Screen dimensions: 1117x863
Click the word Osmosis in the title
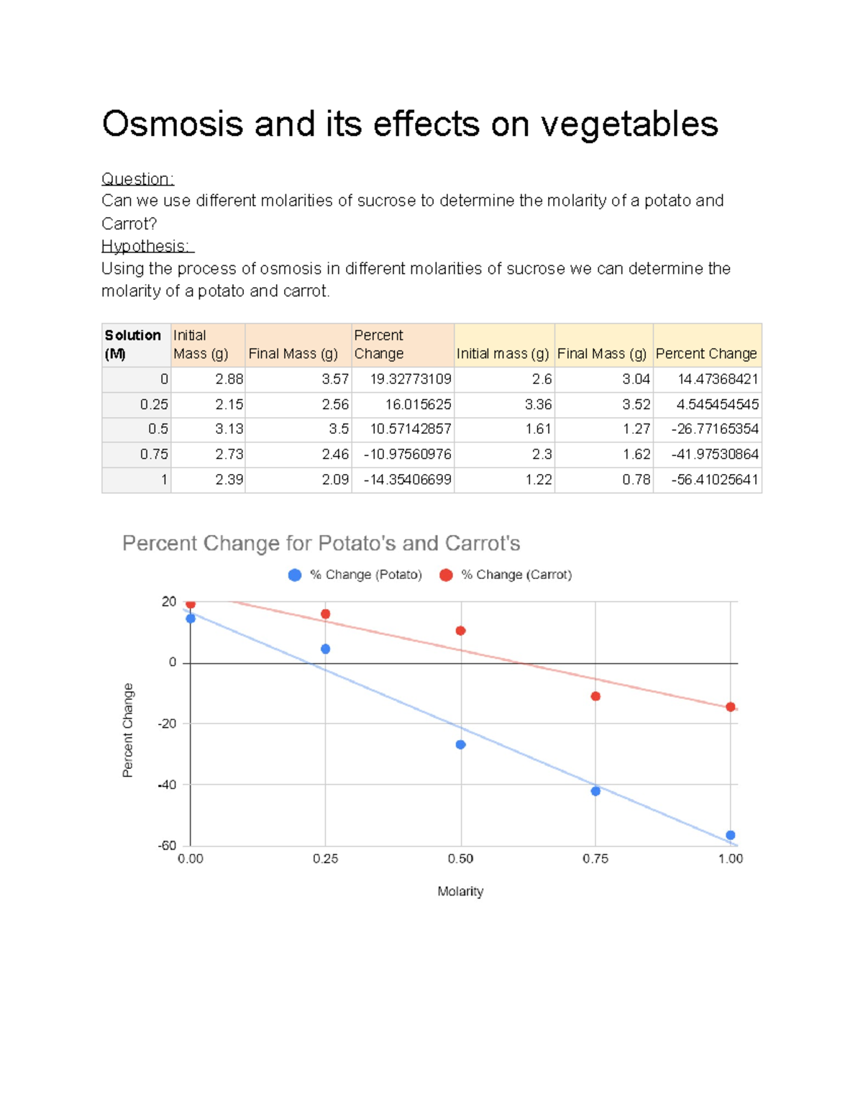click(173, 124)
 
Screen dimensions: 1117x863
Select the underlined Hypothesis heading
click(147, 246)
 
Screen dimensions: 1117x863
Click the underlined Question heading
click(137, 179)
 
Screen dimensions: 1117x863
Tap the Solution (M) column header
click(133, 345)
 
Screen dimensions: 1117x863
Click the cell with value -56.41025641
click(715, 480)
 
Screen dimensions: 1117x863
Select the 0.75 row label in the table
click(154, 455)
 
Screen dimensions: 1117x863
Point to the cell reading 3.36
click(538, 404)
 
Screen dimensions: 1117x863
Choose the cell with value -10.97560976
click(408, 455)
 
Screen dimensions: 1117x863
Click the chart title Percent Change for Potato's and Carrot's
click(321, 543)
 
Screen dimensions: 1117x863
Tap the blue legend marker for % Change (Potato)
click(295, 575)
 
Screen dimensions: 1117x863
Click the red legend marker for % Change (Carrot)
click(446, 575)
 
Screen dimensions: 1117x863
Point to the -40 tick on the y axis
click(168, 785)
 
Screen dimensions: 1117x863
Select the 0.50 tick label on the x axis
click(460, 859)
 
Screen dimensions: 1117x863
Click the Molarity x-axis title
click(460, 891)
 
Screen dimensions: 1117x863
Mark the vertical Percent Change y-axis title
click(128, 730)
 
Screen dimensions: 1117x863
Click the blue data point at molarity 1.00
click(731, 835)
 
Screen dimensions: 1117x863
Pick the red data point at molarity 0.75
click(595, 696)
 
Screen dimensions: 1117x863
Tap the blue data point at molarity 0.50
click(460, 744)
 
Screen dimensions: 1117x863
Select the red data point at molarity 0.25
click(326, 614)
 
